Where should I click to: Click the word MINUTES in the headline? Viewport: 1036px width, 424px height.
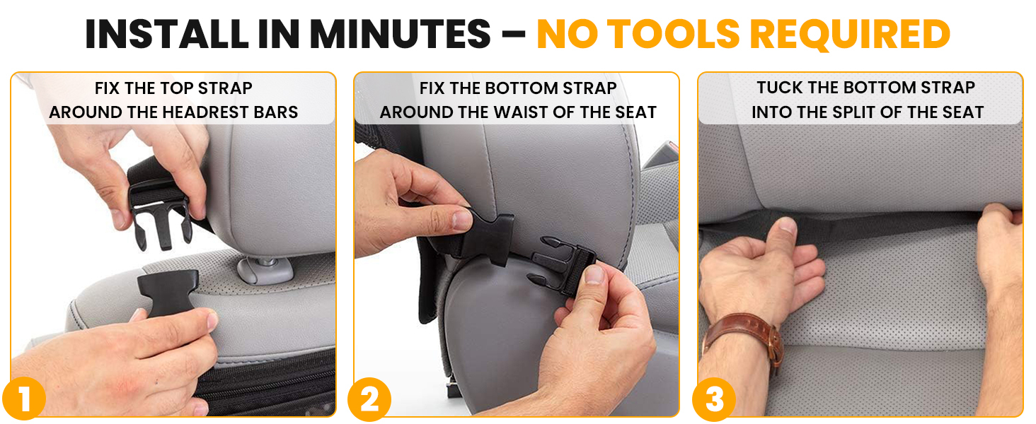[x=400, y=34]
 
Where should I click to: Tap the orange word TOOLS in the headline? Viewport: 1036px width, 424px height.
[x=674, y=34]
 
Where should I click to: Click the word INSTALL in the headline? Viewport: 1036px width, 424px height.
[x=167, y=34]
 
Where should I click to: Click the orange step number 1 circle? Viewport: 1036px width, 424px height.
[x=24, y=399]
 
